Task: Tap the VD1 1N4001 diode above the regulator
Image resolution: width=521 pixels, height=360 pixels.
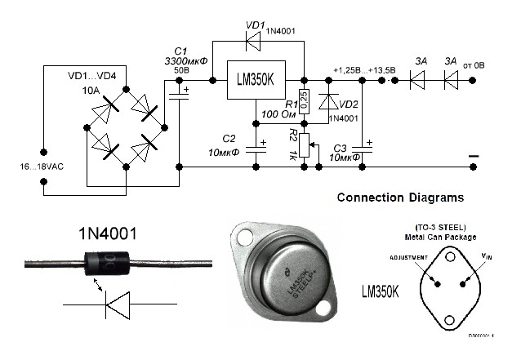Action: pyautogui.click(x=251, y=38)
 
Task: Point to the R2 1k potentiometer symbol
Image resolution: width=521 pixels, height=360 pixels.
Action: pyautogui.click(x=304, y=144)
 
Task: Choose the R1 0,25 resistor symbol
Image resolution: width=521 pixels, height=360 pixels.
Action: pyautogui.click(x=304, y=100)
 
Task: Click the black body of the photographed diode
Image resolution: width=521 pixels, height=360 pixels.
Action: pyautogui.click(x=107, y=264)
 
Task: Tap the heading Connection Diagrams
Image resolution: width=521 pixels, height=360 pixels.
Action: pyautogui.click(x=400, y=198)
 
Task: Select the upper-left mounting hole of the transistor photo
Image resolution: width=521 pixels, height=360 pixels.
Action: pyautogui.click(x=243, y=238)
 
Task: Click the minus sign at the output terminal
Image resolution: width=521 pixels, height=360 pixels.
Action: pyautogui.click(x=473, y=155)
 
